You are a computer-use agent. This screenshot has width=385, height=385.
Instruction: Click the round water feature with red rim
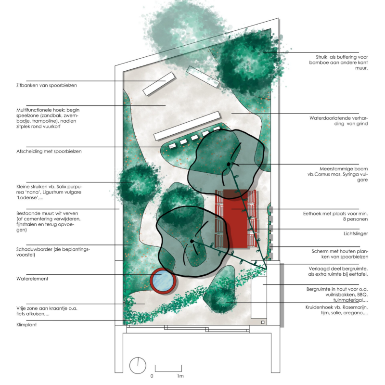point(162,281)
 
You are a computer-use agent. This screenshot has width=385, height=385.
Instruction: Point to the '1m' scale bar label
point(180,375)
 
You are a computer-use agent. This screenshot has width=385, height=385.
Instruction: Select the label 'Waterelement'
point(32,278)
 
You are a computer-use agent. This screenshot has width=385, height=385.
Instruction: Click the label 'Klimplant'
point(26,325)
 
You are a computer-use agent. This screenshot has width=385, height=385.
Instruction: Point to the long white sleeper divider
point(187,126)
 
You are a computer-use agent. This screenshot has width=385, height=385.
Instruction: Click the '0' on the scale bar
point(152,375)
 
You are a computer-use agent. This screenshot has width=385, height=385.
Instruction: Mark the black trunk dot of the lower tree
point(192,241)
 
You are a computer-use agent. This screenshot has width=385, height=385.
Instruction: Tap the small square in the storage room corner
point(263,321)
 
